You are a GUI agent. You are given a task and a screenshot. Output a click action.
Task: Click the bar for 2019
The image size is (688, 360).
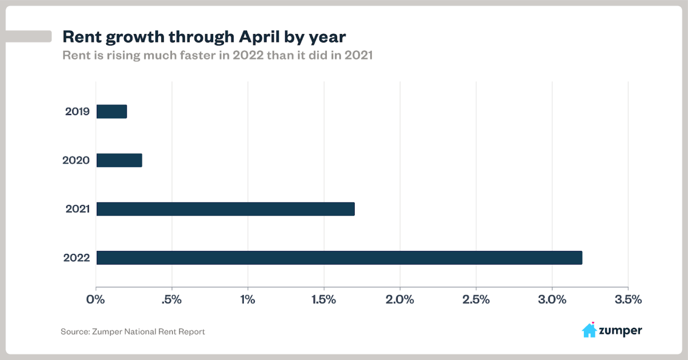112,111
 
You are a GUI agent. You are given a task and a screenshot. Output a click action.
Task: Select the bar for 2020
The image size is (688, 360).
119,160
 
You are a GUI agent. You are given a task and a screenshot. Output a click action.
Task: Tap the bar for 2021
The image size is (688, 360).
226,209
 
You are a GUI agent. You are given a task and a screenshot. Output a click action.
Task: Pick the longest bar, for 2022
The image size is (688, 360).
339,258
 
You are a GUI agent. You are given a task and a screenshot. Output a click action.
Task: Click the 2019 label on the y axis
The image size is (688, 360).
77,111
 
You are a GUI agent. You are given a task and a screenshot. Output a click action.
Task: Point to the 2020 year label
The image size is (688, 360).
76,160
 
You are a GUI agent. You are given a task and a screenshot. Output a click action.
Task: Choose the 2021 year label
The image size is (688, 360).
77,209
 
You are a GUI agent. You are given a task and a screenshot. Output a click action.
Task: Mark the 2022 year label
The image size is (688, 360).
76,258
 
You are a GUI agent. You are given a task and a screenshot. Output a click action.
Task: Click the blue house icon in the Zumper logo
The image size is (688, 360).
589,331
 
